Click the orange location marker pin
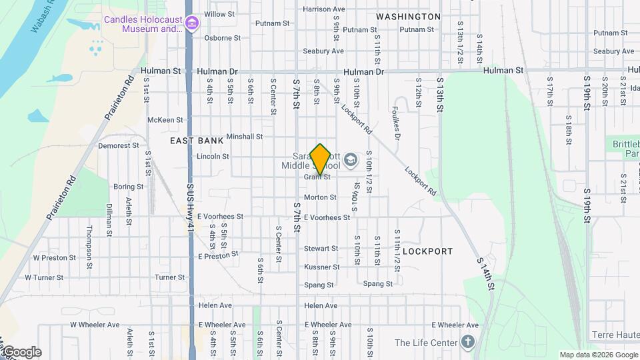pos(321,159)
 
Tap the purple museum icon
pos(192,25)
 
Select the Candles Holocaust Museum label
pos(143,24)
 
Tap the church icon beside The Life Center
pos(469,343)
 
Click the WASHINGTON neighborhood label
pos(408,16)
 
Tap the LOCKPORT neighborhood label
pos(428,251)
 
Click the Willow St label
pos(219,14)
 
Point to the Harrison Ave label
pos(323,9)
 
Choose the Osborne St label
pos(218,38)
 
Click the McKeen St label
pos(165,120)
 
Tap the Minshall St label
pos(244,137)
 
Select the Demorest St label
pos(118,145)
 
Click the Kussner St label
pos(321,267)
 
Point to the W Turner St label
pos(44,277)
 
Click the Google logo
pos(21,352)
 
